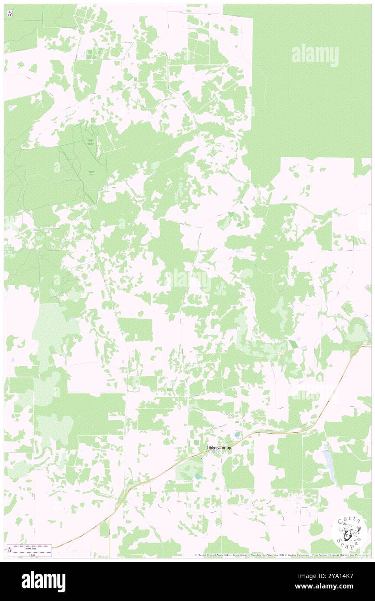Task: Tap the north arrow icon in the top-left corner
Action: [10, 14]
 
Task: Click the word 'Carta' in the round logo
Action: [349, 521]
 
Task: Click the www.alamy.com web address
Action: [338, 587]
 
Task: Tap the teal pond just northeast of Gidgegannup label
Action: [237, 435]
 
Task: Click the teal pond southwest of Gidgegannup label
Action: [197, 476]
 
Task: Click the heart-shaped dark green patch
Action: [231, 214]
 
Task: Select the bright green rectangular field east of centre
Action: [293, 344]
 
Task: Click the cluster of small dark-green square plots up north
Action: [92, 55]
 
